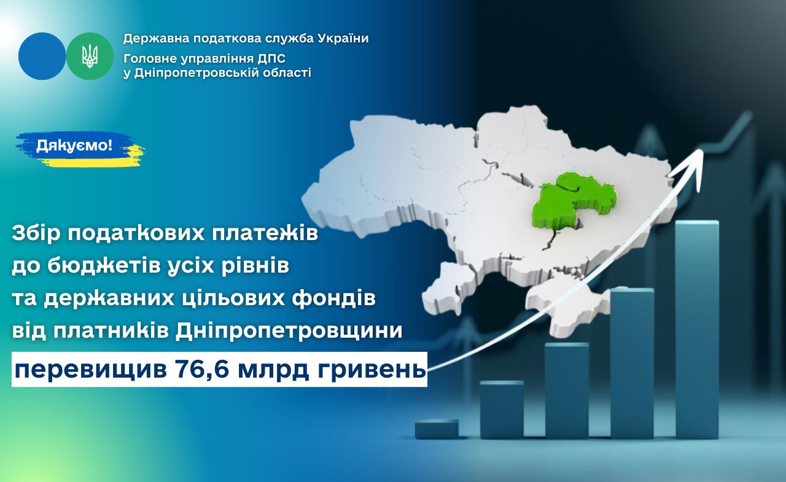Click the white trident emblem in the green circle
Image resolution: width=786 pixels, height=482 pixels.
coord(90,56)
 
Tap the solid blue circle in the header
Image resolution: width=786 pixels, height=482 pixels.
coord(42,56)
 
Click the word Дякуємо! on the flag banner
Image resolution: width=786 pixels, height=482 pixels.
coord(74,146)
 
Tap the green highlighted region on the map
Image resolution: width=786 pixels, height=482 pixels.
coord(572,203)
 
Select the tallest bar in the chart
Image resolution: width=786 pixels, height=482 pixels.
coord(697,329)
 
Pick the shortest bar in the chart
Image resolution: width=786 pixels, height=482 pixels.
coord(437,429)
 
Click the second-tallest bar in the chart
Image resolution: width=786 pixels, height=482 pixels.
coord(632,363)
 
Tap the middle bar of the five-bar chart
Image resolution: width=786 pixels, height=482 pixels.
coord(567,391)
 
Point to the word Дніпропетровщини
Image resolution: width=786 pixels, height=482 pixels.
coord(289,331)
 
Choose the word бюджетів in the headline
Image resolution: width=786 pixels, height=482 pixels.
coord(119,266)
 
